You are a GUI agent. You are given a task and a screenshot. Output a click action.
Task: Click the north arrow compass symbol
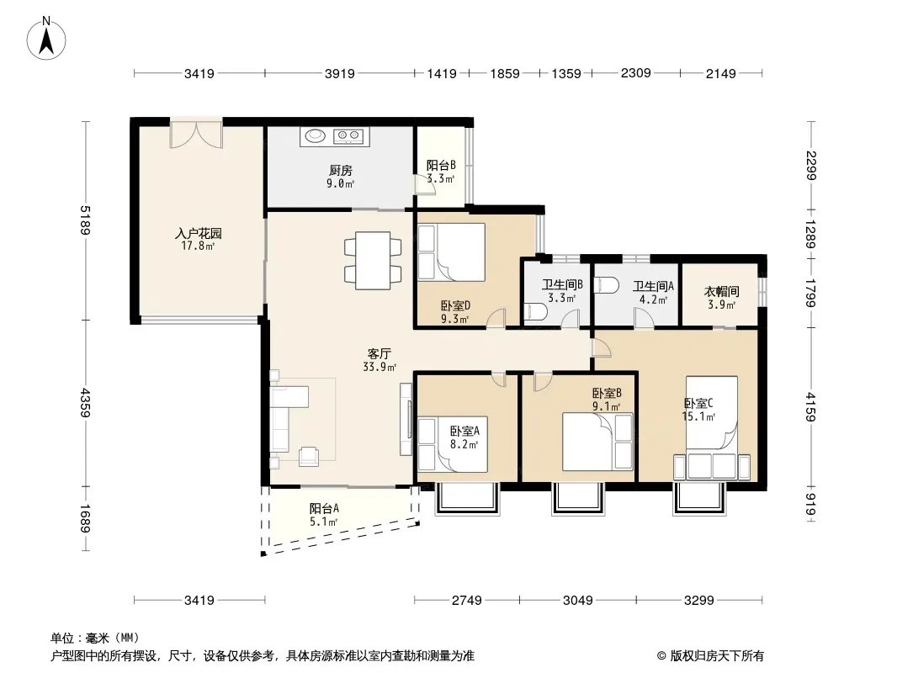pyautogui.click(x=46, y=38)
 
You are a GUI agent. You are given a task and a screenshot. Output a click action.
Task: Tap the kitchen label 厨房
pyautogui.click(x=341, y=171)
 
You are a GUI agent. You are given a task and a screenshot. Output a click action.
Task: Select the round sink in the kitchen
pyautogui.click(x=315, y=135)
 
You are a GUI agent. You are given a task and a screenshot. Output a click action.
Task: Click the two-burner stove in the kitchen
pyautogui.click(x=348, y=136)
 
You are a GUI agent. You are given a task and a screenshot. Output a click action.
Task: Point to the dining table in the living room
pyautogui.click(x=373, y=260)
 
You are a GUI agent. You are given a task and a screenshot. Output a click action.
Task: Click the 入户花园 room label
pyautogui.click(x=198, y=233)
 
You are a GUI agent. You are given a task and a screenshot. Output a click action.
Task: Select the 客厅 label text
pyautogui.click(x=379, y=354)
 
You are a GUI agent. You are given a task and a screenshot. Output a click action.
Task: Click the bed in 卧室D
pyautogui.click(x=452, y=252)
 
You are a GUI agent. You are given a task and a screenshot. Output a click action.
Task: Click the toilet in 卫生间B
pyautogui.click(x=535, y=311)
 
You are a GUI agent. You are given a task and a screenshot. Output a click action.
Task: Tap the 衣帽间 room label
pyautogui.click(x=721, y=292)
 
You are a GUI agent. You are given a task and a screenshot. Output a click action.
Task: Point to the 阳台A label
pyautogui.click(x=324, y=508)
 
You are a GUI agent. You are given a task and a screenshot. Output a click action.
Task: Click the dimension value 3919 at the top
pyautogui.click(x=340, y=73)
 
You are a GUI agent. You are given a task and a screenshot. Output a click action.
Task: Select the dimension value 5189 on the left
pyautogui.click(x=85, y=220)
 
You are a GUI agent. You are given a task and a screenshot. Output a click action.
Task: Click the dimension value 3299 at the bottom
pyautogui.click(x=699, y=600)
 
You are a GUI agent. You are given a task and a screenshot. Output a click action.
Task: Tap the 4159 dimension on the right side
pyautogui.click(x=810, y=406)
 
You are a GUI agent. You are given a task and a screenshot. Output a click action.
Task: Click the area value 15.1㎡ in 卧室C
pyautogui.click(x=698, y=416)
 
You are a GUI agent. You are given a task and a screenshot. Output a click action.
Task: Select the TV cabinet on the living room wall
pyautogui.click(x=406, y=419)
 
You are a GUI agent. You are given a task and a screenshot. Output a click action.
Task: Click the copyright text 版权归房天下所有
pyautogui.click(x=717, y=656)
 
